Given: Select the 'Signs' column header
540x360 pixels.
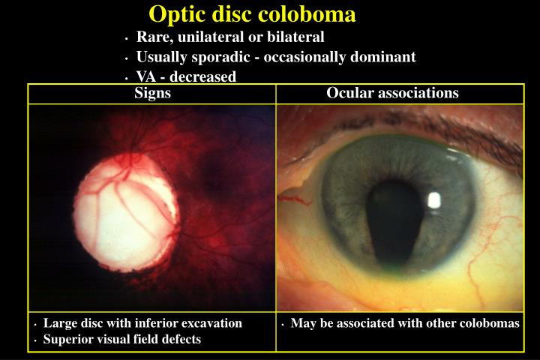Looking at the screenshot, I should pyautogui.click(x=152, y=94).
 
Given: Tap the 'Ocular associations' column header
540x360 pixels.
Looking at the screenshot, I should pyautogui.click(x=392, y=94).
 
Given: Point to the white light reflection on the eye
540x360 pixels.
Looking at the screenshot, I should pyautogui.click(x=433, y=200).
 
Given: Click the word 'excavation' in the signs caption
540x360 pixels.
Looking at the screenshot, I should pyautogui.click(x=214, y=324).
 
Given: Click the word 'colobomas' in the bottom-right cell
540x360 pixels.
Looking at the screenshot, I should pyautogui.click(x=493, y=324).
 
